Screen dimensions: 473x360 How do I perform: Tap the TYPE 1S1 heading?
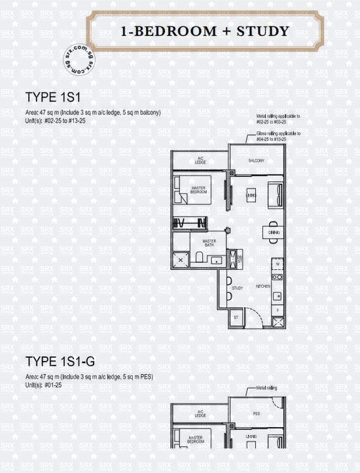(52, 98)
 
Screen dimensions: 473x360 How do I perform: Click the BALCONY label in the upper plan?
(256, 161)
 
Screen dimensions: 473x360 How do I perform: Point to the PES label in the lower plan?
(256, 414)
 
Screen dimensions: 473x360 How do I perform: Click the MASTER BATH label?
(209, 244)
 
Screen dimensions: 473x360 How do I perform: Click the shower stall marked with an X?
(181, 260)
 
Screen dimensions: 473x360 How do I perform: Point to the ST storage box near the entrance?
(235, 317)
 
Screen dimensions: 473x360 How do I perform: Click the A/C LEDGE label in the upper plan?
(200, 160)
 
